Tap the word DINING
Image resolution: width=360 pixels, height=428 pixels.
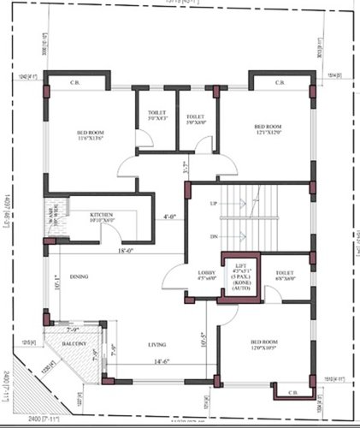pyautogui.click(x=80, y=276)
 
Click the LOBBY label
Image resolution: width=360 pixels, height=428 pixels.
pyautogui.click(x=195, y=273)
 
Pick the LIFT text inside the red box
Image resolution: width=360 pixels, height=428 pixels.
pyautogui.click(x=240, y=264)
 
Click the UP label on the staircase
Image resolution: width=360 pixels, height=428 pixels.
pyautogui.click(x=214, y=203)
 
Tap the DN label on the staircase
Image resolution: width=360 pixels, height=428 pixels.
pyautogui.click(x=214, y=237)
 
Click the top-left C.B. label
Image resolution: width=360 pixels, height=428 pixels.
pyautogui.click(x=75, y=82)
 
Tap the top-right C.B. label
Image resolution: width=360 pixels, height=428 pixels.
pyautogui.click(x=280, y=82)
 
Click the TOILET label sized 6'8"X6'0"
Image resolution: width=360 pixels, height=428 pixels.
pyautogui.click(x=284, y=275)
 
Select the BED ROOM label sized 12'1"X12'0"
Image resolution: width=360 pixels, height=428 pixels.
pyautogui.click(x=268, y=130)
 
